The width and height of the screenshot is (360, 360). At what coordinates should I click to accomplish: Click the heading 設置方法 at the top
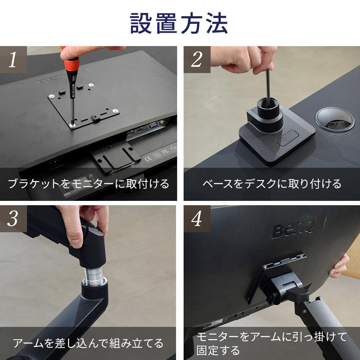pyautogui.click(x=179, y=23)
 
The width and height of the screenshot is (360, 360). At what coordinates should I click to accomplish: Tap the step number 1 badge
pyautogui.click(x=13, y=59)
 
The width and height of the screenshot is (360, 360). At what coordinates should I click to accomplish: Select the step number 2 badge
pyautogui.click(x=197, y=59)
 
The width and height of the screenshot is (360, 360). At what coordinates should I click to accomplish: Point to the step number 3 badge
pyautogui.click(x=13, y=219)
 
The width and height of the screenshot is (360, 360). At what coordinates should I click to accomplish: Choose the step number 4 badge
pyautogui.click(x=197, y=219)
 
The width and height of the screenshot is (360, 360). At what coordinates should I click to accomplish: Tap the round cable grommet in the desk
pyautogui.click(x=334, y=119)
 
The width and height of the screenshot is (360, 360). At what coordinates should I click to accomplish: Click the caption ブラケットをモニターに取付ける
pyautogui.click(x=89, y=184)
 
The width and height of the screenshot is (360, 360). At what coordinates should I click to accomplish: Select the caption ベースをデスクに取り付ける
pyautogui.click(x=272, y=184)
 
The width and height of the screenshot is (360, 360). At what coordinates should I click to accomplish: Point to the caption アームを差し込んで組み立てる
pyautogui.click(x=88, y=343)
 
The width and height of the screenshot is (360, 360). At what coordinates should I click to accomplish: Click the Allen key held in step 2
pyautogui.click(x=268, y=85)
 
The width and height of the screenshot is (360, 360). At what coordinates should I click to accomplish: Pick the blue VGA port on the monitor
pyautogui.click(x=153, y=125)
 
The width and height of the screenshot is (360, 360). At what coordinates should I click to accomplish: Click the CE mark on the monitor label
pyautogui.click(x=148, y=158)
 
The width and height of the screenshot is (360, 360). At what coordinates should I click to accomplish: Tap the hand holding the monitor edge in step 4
pyautogui.click(x=339, y=266)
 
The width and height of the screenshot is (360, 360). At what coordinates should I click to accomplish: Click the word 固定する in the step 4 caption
pyautogui.click(x=218, y=351)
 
